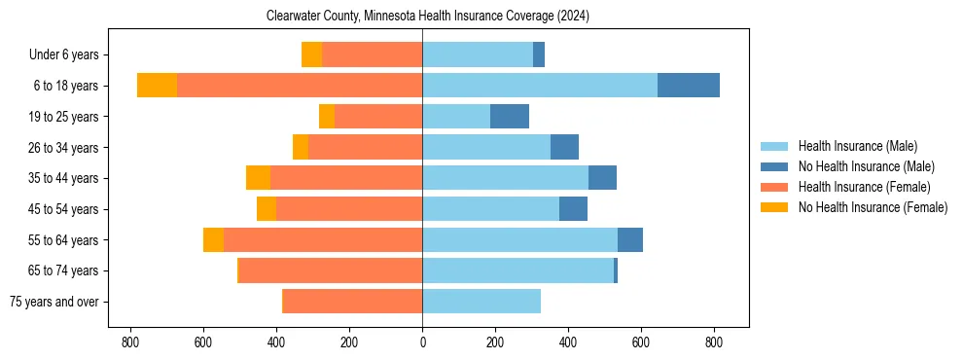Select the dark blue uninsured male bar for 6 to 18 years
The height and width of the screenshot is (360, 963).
(689, 86)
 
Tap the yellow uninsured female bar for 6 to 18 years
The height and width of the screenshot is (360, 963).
(157, 86)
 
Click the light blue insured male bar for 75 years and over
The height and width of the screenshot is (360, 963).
(481, 302)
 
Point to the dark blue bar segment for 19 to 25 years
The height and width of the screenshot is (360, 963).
(510, 117)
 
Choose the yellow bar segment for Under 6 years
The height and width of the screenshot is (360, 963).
(311, 54)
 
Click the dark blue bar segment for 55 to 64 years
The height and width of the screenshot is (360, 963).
(630, 239)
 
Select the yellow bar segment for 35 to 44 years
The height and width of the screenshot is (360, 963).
(258, 178)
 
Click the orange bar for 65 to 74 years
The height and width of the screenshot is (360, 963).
(331, 270)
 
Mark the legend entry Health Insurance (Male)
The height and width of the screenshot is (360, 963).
(857, 146)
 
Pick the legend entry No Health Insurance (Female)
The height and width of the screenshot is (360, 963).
(873, 207)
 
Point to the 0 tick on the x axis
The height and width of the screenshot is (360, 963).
(422, 342)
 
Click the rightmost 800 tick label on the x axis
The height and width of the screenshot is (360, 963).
(714, 342)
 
